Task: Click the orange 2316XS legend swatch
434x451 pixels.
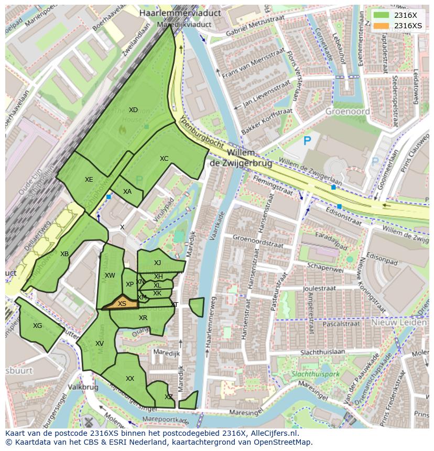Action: [382, 26]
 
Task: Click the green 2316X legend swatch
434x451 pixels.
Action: [382, 16]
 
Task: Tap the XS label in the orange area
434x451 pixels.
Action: [122, 304]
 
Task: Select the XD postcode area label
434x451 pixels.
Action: [133, 110]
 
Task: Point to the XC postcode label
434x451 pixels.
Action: [164, 159]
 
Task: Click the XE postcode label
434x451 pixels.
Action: [89, 180]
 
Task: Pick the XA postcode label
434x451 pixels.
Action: [127, 192]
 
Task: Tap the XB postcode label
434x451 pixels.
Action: [64, 254]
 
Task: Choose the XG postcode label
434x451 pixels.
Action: [37, 326]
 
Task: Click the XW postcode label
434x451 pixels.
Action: [110, 276]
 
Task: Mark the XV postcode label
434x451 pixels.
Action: [100, 344]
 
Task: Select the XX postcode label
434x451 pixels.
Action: [130, 379]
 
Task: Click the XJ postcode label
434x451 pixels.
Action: [157, 263]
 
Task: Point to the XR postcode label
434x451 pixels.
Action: [143, 318]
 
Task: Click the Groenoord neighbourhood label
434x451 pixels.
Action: [348, 112]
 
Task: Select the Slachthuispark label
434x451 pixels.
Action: [316, 375]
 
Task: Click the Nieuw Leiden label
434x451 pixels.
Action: [399, 323]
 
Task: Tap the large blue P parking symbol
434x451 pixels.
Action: [307, 140]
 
